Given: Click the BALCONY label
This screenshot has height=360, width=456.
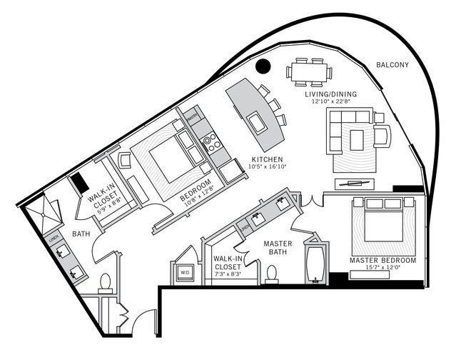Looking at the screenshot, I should (392, 65).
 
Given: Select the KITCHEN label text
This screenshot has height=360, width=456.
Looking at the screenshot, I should (268, 159).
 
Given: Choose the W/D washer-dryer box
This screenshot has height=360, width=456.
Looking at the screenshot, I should (184, 272).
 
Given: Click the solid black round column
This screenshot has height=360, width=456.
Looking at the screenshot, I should (263, 66).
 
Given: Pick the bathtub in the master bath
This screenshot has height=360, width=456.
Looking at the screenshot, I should (315, 263).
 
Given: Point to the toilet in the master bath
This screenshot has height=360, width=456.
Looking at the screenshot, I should (271, 273).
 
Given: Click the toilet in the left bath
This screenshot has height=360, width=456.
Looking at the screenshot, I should (106, 281).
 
